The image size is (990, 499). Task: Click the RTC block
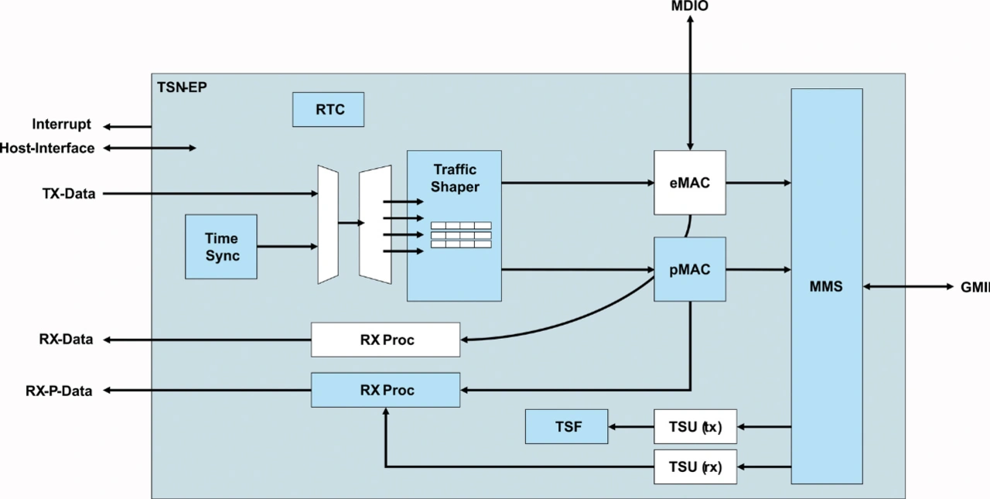[328, 109]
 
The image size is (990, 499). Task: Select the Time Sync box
[221, 247]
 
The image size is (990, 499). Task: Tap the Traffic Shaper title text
[455, 178]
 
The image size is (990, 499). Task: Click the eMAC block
[690, 183]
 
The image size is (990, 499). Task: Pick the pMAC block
[690, 269]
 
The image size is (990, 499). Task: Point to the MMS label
[826, 286]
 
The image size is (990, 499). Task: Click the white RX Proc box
[385, 340]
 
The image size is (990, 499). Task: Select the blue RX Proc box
[385, 390]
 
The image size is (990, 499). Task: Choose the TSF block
[566, 426]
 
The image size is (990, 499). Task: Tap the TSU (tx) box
[695, 426]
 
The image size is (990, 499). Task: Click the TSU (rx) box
[695, 467]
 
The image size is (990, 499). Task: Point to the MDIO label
[689, 6]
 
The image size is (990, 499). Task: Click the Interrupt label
[61, 125]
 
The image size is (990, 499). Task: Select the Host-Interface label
[47, 148]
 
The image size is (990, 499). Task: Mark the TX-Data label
[69, 193]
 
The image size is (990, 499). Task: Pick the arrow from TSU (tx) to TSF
[630, 426]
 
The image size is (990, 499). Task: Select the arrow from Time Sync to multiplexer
[287, 247]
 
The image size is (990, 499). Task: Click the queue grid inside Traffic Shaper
[461, 234]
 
